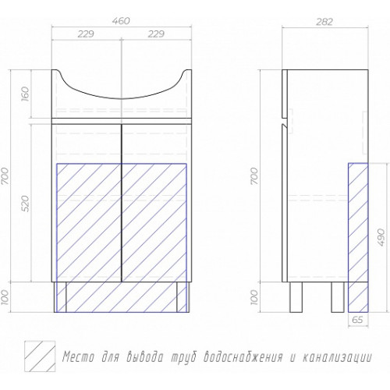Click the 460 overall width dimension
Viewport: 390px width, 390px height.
click(x=121, y=21)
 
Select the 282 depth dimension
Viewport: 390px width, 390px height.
click(x=324, y=22)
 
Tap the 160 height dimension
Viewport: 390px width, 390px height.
click(x=27, y=94)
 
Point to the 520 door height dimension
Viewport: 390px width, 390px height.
click(x=27, y=204)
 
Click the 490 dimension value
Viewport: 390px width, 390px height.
click(x=381, y=237)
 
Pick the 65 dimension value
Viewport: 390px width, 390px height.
click(x=357, y=319)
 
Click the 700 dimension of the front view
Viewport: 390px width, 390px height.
click(x=6, y=176)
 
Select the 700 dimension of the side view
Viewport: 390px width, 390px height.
click(x=255, y=176)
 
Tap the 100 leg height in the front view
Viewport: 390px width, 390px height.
click(x=6, y=297)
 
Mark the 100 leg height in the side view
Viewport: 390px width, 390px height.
click(x=255, y=297)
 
